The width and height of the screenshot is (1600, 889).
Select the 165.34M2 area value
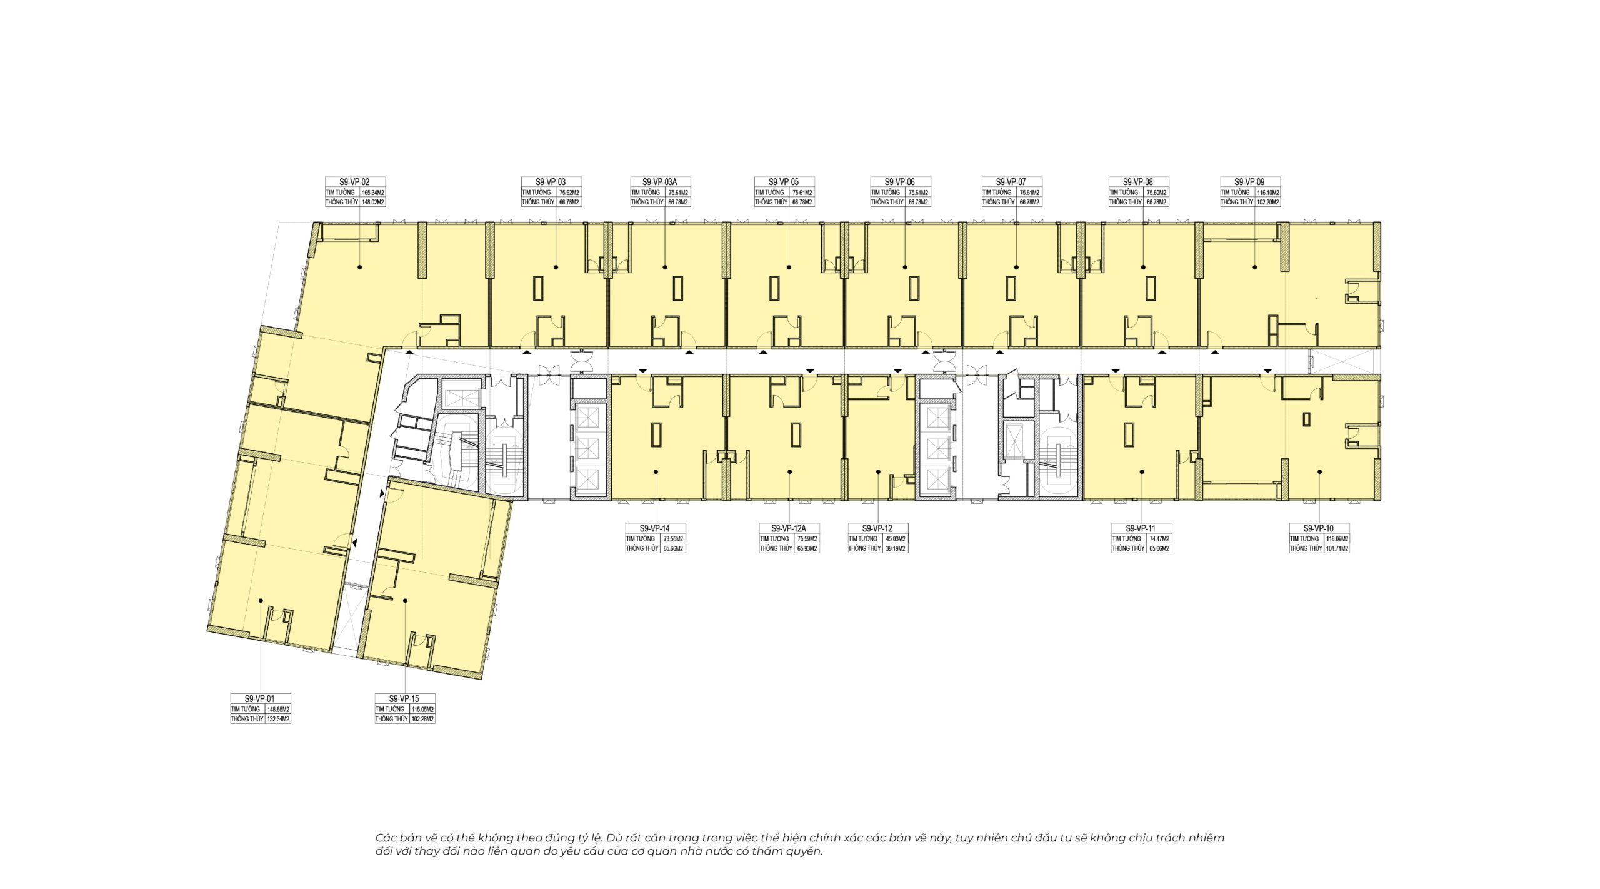pos(372,193)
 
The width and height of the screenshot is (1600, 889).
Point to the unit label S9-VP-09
pos(1250,182)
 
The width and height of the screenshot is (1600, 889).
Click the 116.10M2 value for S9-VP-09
pos(1269,193)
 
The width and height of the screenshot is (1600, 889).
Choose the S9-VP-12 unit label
pos(877,528)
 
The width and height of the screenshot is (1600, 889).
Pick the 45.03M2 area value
pos(896,539)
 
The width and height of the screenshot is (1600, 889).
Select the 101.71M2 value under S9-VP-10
pos(1337,549)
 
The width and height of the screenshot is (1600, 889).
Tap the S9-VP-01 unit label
pos(260,699)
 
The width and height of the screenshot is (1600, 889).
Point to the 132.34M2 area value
pos(279,720)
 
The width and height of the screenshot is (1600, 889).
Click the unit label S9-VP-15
pos(404,699)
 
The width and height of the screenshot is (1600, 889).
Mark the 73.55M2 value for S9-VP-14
pos(674,539)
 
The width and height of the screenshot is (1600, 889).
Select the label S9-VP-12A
pos(789,528)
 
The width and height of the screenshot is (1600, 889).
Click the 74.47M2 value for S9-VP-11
pos(1159,539)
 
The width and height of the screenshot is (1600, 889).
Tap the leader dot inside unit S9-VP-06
pos(906,267)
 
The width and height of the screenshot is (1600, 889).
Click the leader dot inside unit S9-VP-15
pos(405,600)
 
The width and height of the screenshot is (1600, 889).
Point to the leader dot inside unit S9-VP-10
pos(1319,472)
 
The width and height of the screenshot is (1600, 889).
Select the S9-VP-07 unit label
pos(1012,182)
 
